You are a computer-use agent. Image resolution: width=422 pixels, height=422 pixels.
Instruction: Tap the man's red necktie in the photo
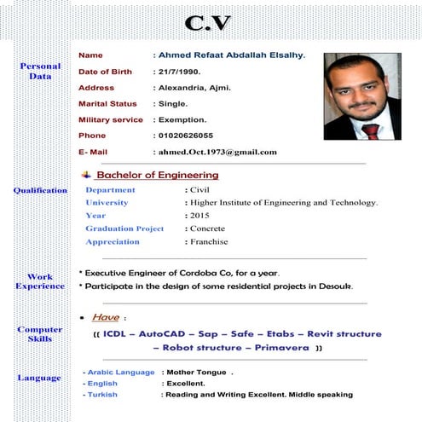point(369,130)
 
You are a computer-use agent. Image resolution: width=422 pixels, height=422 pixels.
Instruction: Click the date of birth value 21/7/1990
point(183,72)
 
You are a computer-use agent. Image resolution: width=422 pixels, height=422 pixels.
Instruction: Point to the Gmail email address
point(217,152)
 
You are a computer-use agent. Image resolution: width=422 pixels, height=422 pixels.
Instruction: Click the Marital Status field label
point(107,104)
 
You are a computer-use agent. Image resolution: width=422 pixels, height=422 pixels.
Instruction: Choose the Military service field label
point(111,120)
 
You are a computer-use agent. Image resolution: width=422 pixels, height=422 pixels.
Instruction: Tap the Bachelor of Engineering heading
point(157,175)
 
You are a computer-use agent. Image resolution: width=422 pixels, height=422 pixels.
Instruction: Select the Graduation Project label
point(124,228)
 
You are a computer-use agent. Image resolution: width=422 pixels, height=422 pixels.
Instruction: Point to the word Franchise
point(209,241)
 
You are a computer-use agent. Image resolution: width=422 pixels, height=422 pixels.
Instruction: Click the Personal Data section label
point(40,71)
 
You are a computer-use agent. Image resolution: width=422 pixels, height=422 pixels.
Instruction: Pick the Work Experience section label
point(40,281)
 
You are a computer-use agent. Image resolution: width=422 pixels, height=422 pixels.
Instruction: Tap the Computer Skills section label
point(40,333)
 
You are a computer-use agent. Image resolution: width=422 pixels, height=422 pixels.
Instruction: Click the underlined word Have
point(106,317)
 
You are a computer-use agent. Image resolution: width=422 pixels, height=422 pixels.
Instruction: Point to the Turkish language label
point(103,395)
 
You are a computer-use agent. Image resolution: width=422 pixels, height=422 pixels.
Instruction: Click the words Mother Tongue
point(197,373)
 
